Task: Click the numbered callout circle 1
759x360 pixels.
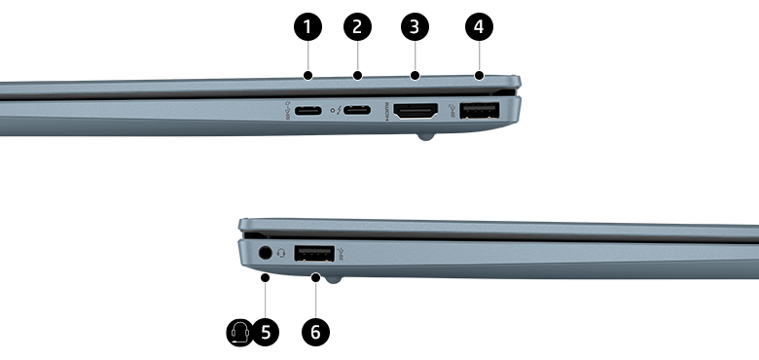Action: pos(307,26)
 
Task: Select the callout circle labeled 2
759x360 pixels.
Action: pos(357,26)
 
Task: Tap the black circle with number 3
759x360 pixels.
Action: pos(416,26)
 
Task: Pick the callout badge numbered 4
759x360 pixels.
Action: pos(478,26)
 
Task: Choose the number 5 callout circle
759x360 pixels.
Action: pos(265,332)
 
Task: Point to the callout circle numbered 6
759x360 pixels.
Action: pos(314,332)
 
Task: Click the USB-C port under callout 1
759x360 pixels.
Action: pos(307,112)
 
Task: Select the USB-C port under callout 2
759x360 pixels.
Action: pos(357,112)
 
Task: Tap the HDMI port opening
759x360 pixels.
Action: pos(417,113)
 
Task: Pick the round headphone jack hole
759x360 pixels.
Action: pos(264,254)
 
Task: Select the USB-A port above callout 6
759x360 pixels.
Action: pos(312,254)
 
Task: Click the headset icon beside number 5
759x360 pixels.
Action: pos(239,332)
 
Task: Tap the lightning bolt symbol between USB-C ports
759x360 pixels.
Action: pos(334,112)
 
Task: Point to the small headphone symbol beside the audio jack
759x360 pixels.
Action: pos(281,254)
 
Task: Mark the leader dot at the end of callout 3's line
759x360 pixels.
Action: pos(416,75)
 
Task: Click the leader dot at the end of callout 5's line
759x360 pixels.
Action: pos(265,278)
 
